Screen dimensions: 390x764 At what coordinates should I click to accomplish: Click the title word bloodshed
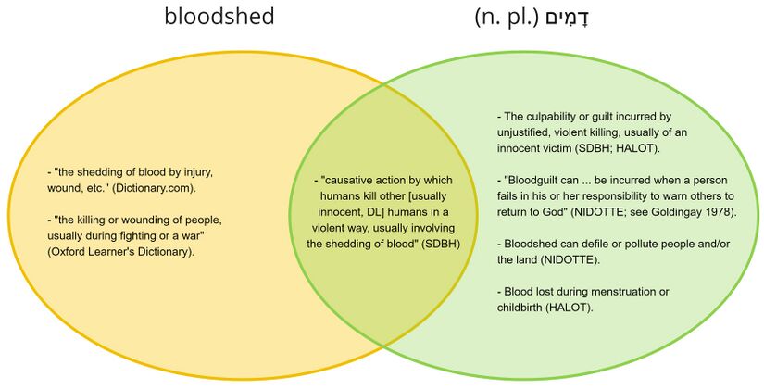219,17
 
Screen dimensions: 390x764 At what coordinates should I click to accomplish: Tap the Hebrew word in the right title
563,18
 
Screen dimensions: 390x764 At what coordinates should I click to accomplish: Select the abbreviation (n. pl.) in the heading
507,18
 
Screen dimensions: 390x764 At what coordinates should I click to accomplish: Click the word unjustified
525,132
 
